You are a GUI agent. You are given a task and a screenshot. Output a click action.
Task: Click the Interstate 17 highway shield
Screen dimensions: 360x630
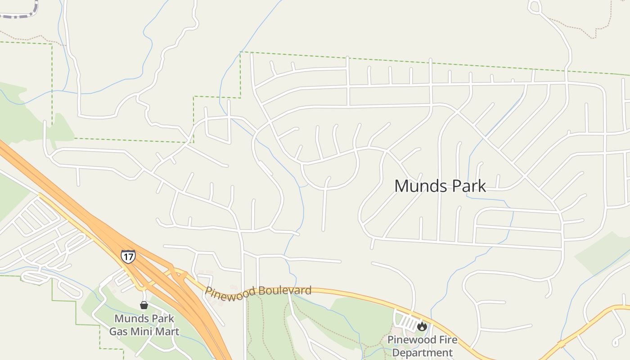point(128,256)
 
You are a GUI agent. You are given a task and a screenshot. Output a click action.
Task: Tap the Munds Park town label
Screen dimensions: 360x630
point(440,186)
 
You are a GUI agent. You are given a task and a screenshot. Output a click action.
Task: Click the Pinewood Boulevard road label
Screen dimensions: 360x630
point(258,291)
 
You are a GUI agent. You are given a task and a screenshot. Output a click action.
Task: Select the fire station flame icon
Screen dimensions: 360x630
point(422,326)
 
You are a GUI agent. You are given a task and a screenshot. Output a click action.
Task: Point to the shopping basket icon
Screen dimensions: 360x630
point(144,306)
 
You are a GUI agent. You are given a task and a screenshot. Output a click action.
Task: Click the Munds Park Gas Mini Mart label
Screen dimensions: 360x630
point(144,325)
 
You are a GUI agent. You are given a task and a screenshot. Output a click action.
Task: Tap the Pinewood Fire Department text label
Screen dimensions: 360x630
point(422,346)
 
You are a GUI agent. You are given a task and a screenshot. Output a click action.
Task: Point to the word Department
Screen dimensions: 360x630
point(422,352)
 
